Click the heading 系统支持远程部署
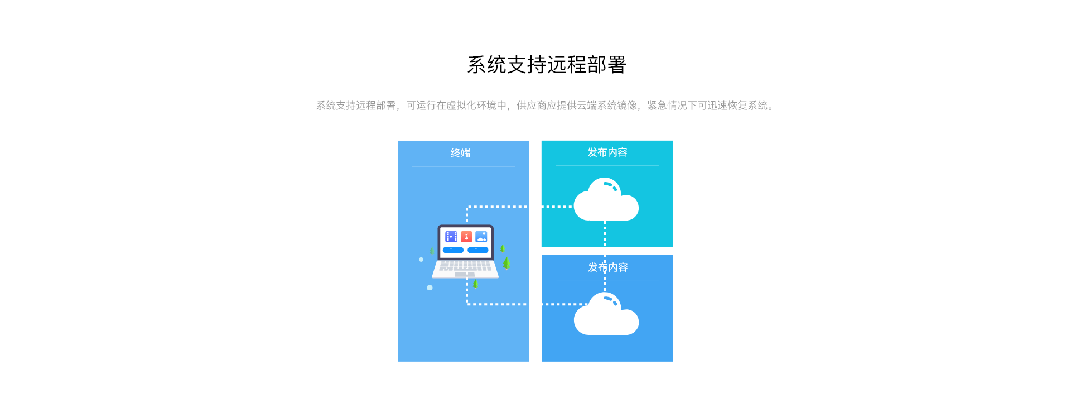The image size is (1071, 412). coord(547,65)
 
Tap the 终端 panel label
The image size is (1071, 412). coord(460,153)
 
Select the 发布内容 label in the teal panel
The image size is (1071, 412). coord(607,152)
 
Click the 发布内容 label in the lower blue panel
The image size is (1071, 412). coord(607,267)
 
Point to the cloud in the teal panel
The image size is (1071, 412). coord(606,201)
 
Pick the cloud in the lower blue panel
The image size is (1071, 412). coord(606,316)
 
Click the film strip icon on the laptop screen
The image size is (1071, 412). coord(451,237)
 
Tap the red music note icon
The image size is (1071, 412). coord(466,237)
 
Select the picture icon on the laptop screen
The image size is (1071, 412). coord(481,237)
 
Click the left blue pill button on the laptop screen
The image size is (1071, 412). coord(453,250)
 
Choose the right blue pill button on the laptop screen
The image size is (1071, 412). coord(478,250)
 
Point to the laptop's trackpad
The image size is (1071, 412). coord(465,275)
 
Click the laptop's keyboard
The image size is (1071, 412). coord(465,266)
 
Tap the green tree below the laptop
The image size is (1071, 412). coord(475,284)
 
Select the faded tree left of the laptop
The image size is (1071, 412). coord(432,251)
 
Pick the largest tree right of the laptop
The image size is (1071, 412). coord(506,263)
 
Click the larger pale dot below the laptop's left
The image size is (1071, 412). coord(430,288)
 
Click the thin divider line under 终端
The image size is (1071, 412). coord(464,166)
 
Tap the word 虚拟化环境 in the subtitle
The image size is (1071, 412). coord(471,106)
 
